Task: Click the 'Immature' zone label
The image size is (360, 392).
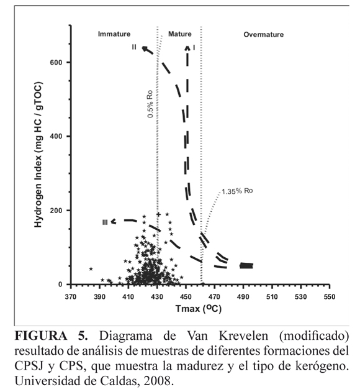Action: [x=114, y=34]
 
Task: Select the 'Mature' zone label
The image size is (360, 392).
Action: [x=179, y=34]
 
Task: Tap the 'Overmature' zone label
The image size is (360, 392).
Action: [x=264, y=35]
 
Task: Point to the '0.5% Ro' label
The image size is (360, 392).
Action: [x=150, y=104]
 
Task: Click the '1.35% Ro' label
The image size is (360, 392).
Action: [x=237, y=191]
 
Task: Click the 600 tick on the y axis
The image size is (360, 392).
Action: [x=56, y=62]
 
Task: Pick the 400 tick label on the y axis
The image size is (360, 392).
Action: [x=56, y=136]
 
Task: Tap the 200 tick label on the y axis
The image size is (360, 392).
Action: [x=56, y=210]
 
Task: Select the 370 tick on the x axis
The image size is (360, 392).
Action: [x=71, y=297]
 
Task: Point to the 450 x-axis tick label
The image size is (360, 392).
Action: [x=186, y=297]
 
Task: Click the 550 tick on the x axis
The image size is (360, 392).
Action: [x=329, y=297]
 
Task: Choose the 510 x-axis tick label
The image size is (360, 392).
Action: [x=272, y=297]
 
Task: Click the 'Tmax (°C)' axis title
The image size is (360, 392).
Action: [x=199, y=309]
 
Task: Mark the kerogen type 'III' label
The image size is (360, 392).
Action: [x=105, y=222]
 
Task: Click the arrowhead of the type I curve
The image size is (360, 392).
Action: [x=187, y=47]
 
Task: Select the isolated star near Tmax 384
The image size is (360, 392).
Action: [x=91, y=269]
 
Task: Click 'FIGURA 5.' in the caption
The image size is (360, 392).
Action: [x=52, y=335]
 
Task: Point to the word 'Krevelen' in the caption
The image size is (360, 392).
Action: [x=243, y=335]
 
